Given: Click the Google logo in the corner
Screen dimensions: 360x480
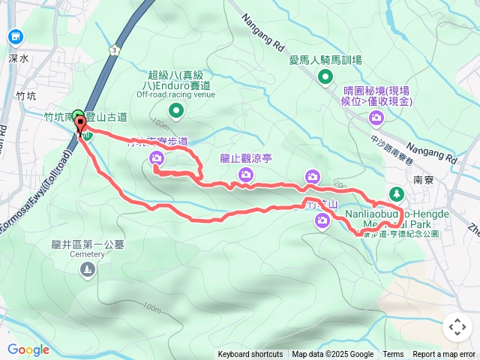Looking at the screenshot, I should click(28, 349).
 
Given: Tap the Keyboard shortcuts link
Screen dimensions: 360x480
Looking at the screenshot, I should click(250, 355).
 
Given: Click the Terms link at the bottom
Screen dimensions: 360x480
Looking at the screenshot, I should click(393, 355).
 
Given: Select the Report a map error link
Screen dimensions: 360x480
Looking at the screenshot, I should click(445, 355).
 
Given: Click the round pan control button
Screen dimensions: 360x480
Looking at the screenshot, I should click(456, 327).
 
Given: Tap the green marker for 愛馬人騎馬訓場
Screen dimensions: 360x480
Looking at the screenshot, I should click(325, 76).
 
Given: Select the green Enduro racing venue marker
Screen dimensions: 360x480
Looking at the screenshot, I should click(176, 112).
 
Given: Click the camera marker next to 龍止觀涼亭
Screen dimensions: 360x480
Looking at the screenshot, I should click(245, 175).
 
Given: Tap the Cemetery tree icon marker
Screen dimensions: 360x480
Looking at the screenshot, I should click(88, 269).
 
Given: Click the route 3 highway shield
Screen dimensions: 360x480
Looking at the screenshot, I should click(113, 49).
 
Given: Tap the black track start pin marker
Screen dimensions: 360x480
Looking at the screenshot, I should click(80, 124).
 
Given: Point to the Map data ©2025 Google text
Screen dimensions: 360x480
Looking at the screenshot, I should click(332, 355).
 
